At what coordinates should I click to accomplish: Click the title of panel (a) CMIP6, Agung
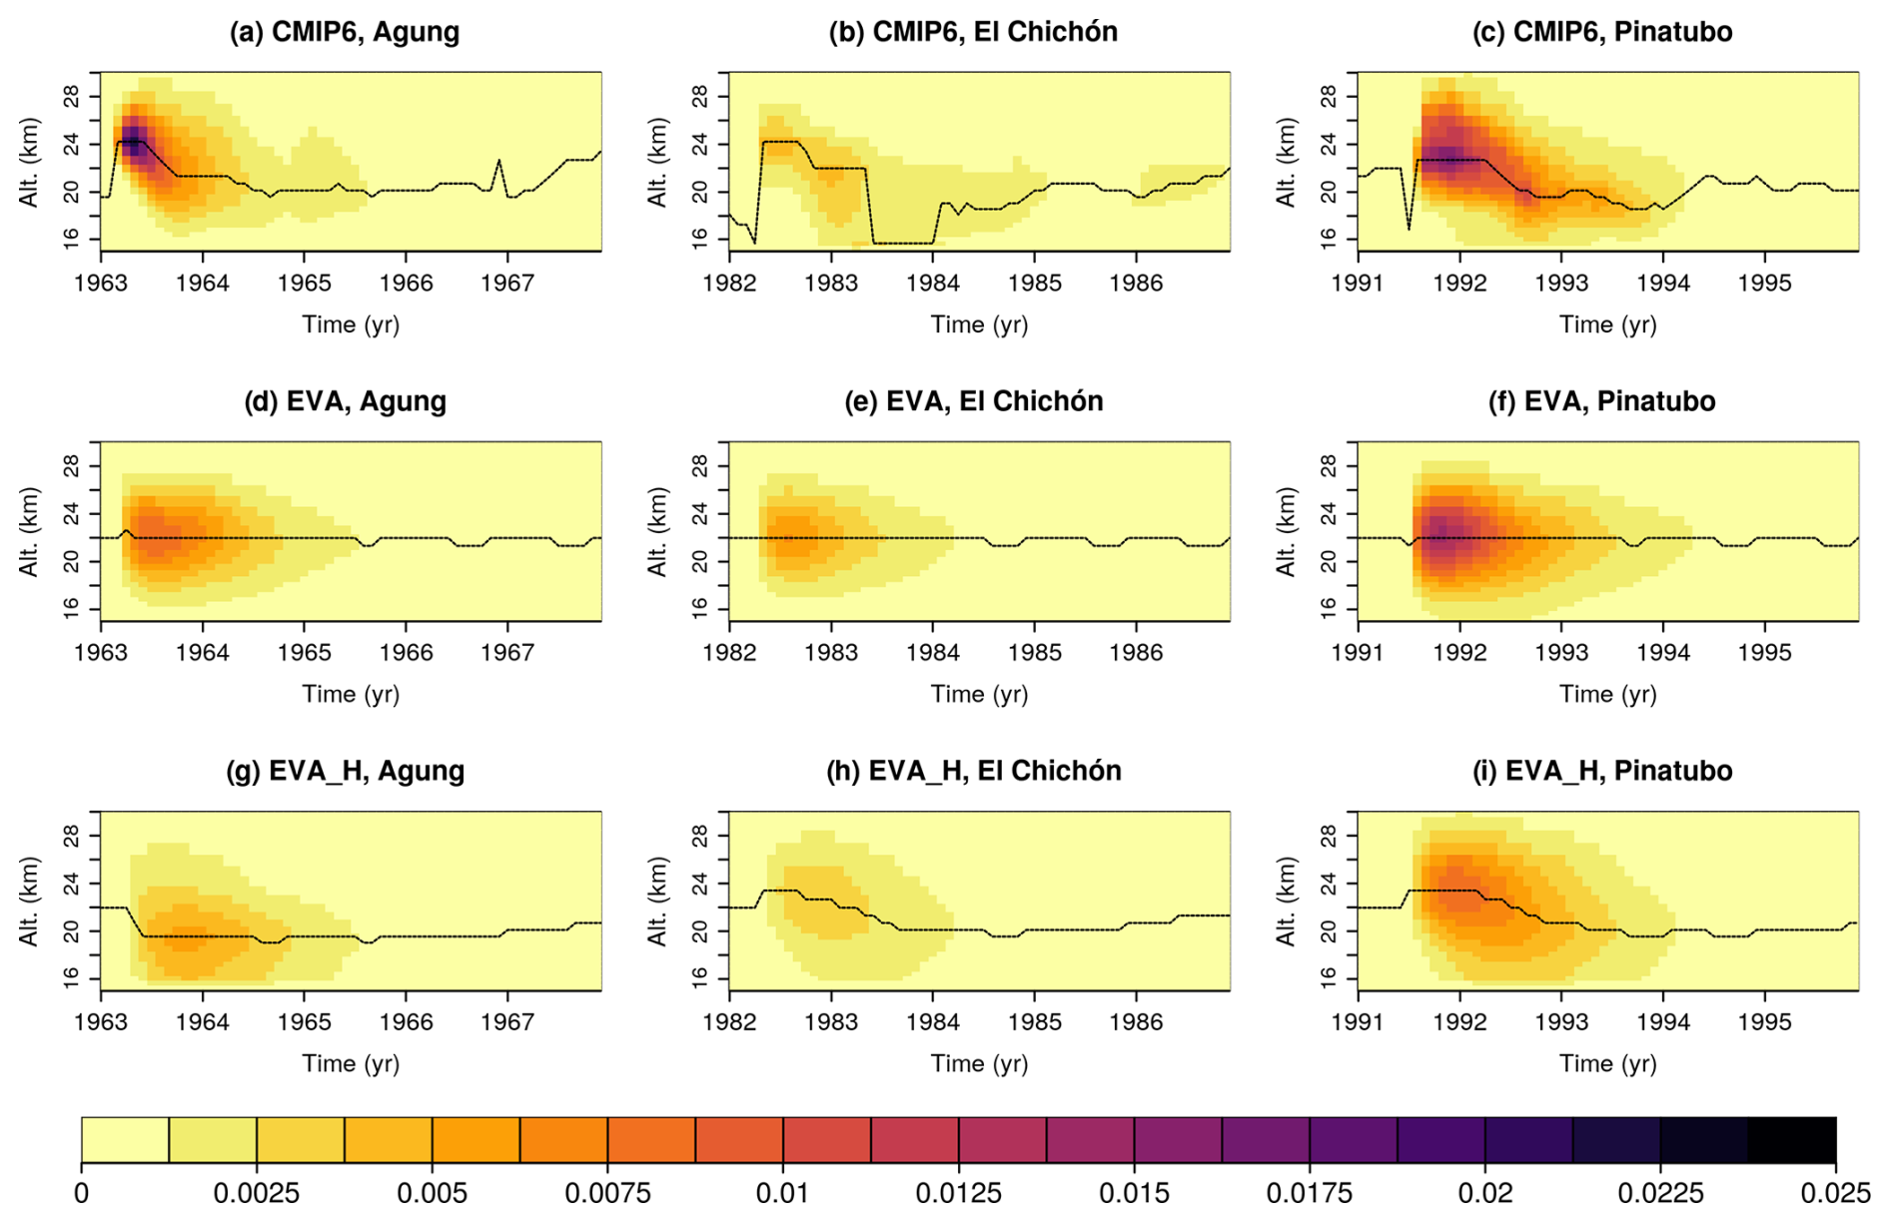tap(345, 32)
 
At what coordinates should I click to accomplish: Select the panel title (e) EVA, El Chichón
tap(974, 401)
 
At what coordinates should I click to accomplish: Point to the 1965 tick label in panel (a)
tap(304, 284)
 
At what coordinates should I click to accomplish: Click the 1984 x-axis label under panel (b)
tap(933, 284)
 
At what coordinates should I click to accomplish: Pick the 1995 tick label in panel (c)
tap(1764, 284)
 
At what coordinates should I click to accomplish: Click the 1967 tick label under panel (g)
tap(507, 1022)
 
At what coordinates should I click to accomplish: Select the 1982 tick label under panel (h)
tap(729, 1022)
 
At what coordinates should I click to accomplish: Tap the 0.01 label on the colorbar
tap(783, 1194)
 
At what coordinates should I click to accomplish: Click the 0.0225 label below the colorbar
tap(1659, 1194)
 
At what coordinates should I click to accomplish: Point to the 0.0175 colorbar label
tap(1309, 1194)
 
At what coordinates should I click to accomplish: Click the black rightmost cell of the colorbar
tap(1792, 1140)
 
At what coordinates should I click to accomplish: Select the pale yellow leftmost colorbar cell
tap(125, 1140)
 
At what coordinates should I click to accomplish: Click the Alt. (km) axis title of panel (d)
tap(29, 531)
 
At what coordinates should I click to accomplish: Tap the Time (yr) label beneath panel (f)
tap(1608, 694)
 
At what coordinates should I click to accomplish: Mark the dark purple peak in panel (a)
tap(133, 141)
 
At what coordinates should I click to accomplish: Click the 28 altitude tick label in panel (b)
tap(699, 97)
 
